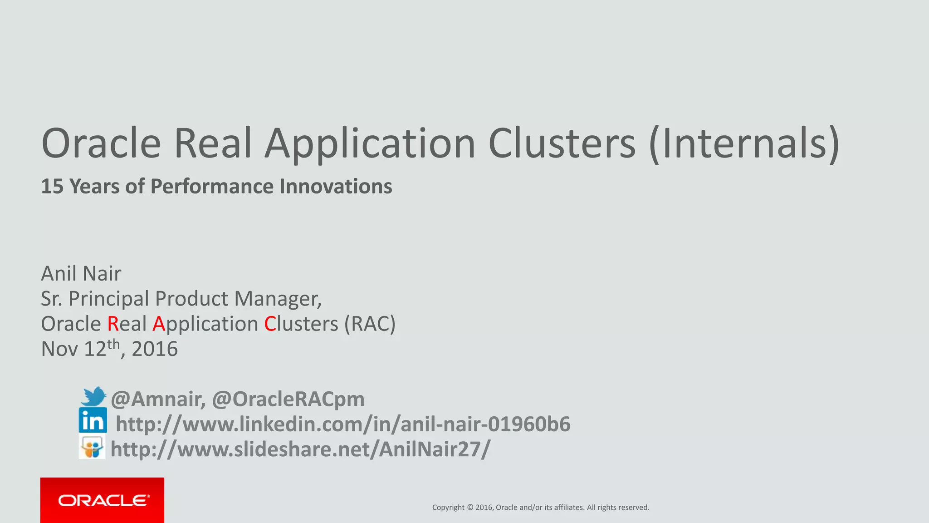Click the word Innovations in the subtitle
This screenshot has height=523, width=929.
click(336, 187)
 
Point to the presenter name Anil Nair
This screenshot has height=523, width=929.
click(81, 273)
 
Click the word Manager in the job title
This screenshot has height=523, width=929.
click(277, 299)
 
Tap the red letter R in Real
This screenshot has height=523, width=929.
click(112, 324)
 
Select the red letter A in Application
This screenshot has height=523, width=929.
click(158, 324)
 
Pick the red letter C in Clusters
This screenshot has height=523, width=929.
click(270, 324)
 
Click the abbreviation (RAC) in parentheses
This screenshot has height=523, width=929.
click(370, 324)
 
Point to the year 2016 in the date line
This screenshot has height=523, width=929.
click(155, 349)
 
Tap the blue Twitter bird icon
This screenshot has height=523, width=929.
click(93, 396)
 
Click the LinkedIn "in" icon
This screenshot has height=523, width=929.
click(93, 420)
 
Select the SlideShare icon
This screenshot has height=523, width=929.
click(92, 446)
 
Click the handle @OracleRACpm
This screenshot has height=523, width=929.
click(288, 399)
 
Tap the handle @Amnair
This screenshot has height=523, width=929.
click(158, 399)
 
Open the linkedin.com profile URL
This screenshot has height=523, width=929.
click(343, 424)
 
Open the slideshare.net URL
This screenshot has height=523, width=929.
click(300, 449)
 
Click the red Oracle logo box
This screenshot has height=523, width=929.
click(102, 500)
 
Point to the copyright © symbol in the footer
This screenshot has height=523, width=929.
click(470, 508)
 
